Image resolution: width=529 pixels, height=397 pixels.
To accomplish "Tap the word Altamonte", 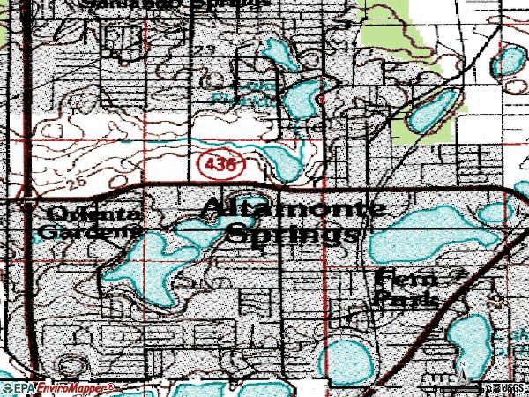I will (x=294, y=210).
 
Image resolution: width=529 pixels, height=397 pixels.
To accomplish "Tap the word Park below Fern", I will (x=406, y=300).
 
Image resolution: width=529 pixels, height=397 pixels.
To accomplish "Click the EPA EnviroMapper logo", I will (x=58, y=387).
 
